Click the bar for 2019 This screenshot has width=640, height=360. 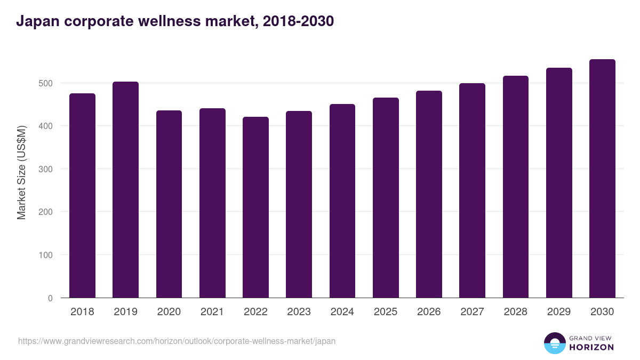pyautogui.click(x=125, y=190)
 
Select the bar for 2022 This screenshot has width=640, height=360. pyautogui.click(x=255, y=207)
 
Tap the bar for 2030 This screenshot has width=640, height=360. pyautogui.click(x=602, y=179)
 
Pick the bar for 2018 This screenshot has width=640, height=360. pyautogui.click(x=82, y=196)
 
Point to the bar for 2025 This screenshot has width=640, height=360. pyautogui.click(x=386, y=198)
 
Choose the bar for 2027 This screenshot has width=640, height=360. pyautogui.click(x=472, y=190)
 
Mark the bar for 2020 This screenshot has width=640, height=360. pyautogui.click(x=169, y=204)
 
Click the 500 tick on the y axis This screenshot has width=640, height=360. pyautogui.click(x=46, y=83)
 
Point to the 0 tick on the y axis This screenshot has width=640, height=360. pyautogui.click(x=50, y=298)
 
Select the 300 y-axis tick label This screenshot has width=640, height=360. pyautogui.click(x=46, y=169)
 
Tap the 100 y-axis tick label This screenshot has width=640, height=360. pyautogui.click(x=46, y=255)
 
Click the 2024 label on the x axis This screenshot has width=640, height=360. pyautogui.click(x=342, y=312)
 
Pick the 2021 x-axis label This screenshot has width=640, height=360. pyautogui.click(x=212, y=312)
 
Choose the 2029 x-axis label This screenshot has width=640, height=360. pyautogui.click(x=558, y=312)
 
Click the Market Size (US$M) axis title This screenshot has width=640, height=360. pyautogui.click(x=21, y=173)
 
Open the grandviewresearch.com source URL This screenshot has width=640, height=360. pyautogui.click(x=177, y=341)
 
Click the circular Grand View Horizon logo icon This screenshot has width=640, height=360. pyautogui.click(x=554, y=343)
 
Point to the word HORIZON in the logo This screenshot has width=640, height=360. pyautogui.click(x=591, y=347)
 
